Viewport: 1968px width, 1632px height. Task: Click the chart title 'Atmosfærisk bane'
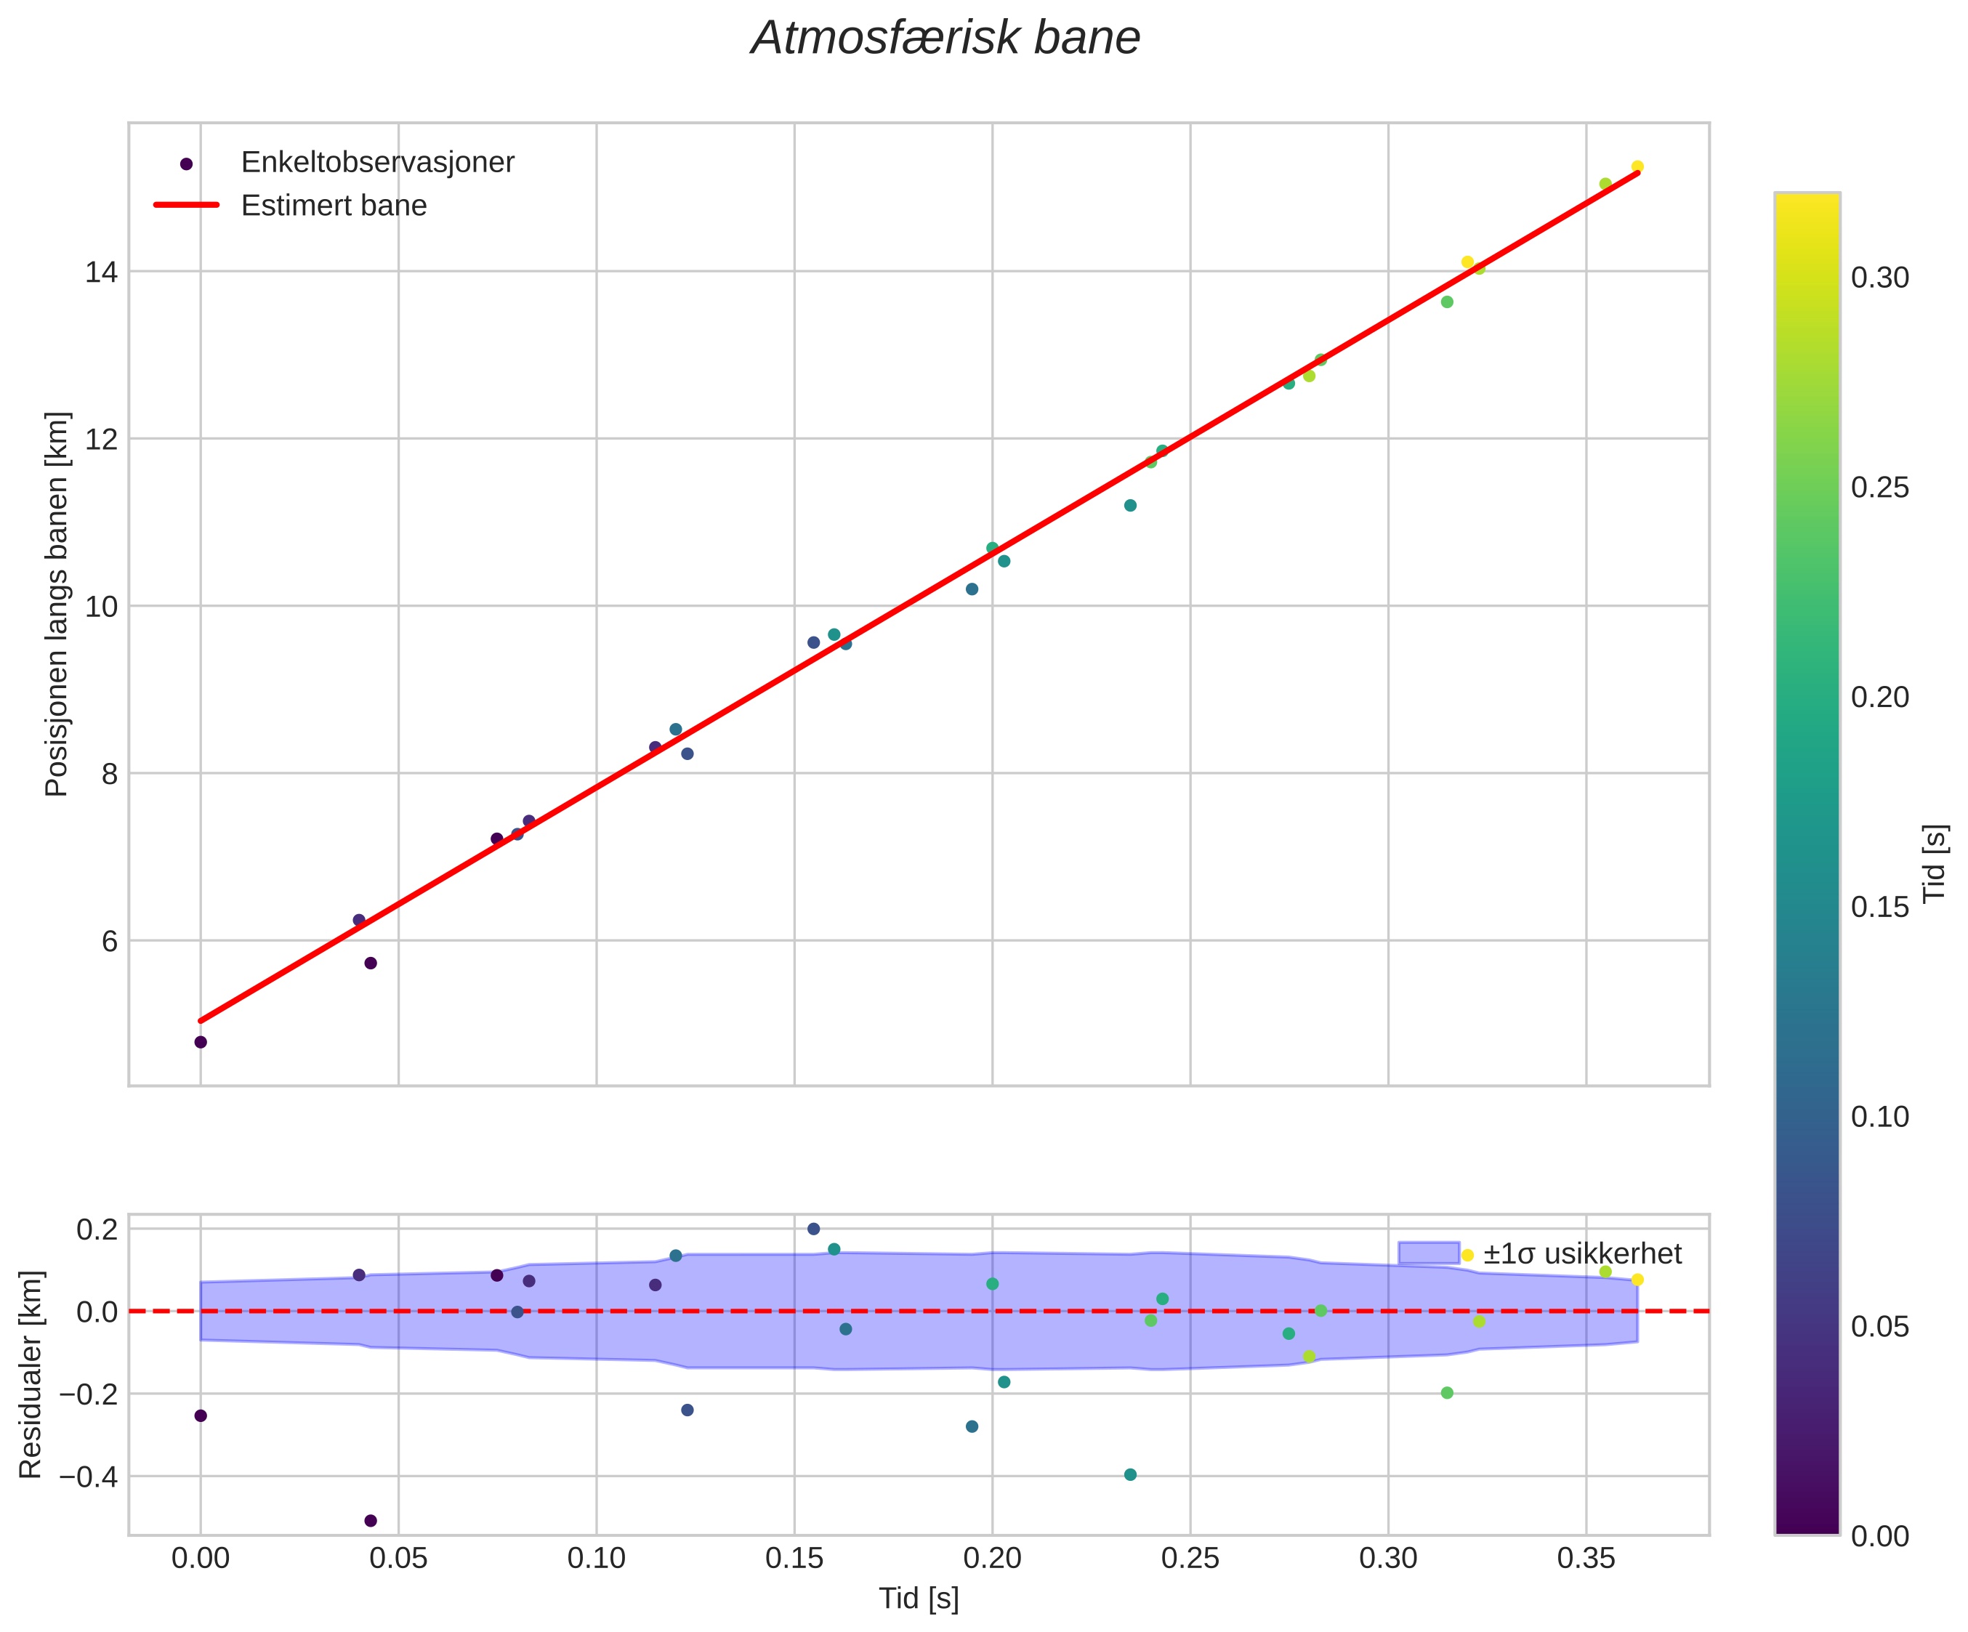coord(945,39)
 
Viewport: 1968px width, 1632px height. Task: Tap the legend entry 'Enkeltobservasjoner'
coord(378,163)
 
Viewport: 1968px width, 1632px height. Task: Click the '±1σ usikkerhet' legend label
coord(1582,1254)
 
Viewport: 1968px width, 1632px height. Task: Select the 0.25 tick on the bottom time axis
coord(1190,1559)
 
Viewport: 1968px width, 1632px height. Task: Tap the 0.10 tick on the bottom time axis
coord(596,1559)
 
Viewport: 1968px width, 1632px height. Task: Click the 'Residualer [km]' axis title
coord(31,1374)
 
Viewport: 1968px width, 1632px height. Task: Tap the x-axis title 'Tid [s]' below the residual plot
coord(919,1599)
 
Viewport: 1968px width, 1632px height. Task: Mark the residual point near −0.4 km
coord(1130,1474)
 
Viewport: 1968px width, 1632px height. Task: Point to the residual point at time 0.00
coord(201,1415)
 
